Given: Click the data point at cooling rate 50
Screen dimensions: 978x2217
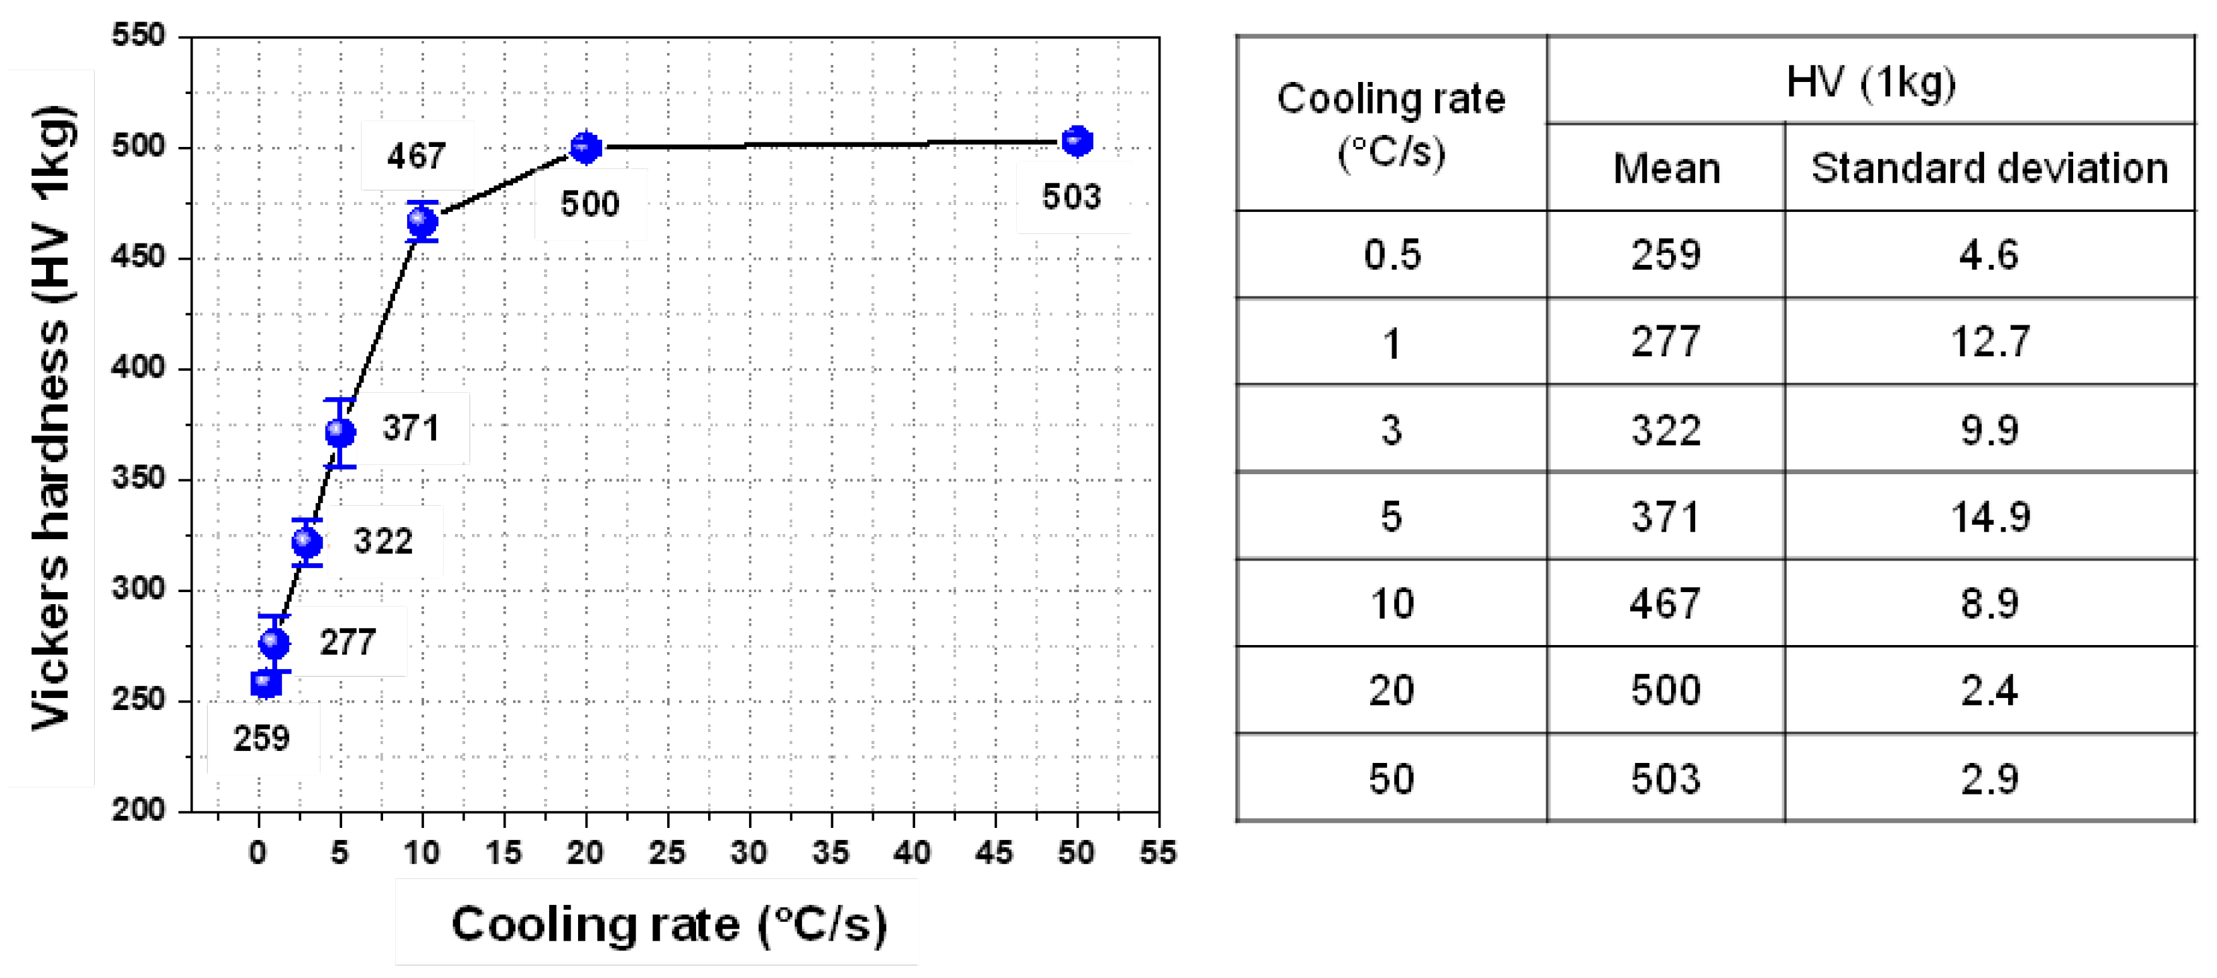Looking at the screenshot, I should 1077,141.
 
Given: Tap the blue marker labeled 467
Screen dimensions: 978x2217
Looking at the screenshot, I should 422,222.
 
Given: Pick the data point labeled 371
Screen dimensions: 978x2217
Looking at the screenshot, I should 340,433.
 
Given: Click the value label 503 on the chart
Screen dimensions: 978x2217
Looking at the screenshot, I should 1072,197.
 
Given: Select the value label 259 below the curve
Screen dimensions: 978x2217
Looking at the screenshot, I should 262,738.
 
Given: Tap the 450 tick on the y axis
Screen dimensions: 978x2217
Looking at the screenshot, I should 138,257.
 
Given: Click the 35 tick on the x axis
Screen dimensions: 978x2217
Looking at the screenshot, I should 831,853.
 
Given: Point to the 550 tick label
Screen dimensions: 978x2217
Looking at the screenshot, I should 138,35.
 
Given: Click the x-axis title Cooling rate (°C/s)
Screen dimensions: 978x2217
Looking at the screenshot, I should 669,924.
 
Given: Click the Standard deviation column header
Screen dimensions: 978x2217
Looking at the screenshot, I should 1989,168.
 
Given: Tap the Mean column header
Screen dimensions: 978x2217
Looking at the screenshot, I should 1666,168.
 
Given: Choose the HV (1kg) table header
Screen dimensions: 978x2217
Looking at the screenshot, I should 1870,83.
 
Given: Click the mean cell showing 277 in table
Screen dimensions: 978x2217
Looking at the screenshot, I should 1665,342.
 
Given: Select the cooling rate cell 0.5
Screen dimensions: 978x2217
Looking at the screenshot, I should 1392,255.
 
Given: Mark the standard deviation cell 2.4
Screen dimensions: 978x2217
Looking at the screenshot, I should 1989,690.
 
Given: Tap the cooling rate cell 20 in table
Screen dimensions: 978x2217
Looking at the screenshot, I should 1392,690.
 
